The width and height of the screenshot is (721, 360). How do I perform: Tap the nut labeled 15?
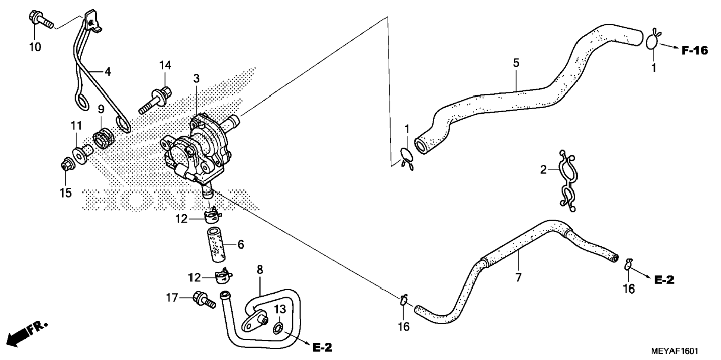tap(67, 165)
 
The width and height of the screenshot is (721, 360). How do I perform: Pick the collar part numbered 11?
tap(83, 153)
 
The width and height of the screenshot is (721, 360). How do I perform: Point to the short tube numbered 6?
tap(216, 246)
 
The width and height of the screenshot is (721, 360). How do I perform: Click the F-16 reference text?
tap(695, 50)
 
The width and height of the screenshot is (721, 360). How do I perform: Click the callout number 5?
tap(516, 63)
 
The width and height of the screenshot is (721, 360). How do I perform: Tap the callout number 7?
tap(518, 277)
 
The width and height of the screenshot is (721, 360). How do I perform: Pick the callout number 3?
tap(196, 78)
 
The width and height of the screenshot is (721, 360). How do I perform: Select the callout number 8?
tap(260, 269)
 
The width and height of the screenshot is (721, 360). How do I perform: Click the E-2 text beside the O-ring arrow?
tap(322, 348)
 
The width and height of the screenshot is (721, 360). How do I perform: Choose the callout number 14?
tap(165, 65)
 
